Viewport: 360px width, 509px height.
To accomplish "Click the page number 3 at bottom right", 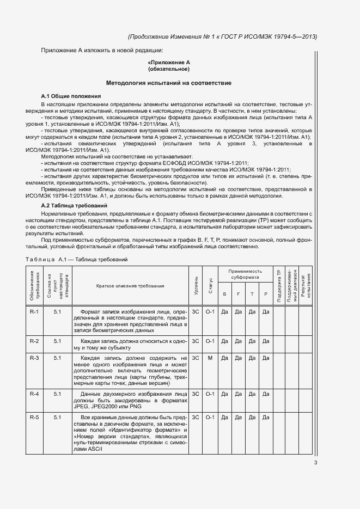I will (316, 463).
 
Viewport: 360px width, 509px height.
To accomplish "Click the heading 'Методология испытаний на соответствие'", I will (169, 83).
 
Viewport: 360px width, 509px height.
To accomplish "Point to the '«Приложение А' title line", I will (169, 63).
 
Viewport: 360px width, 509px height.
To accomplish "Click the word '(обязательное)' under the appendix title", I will (169, 70).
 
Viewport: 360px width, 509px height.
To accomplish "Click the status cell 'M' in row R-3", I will (210, 358).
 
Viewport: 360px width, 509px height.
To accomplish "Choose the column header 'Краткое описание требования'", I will (130, 286).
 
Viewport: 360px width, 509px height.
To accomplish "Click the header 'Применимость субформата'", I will (245, 274).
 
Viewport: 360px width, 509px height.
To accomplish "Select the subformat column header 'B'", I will (224, 294).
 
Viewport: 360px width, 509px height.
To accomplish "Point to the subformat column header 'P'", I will (265, 294).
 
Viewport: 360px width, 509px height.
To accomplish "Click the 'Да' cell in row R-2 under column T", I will (252, 341).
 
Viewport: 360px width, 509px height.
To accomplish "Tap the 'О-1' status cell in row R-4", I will (210, 394).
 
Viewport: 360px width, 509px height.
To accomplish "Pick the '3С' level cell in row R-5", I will (196, 417).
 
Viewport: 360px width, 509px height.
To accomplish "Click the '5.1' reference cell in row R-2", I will (58, 341).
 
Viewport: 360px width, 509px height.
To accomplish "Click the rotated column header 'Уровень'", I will (196, 286).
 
